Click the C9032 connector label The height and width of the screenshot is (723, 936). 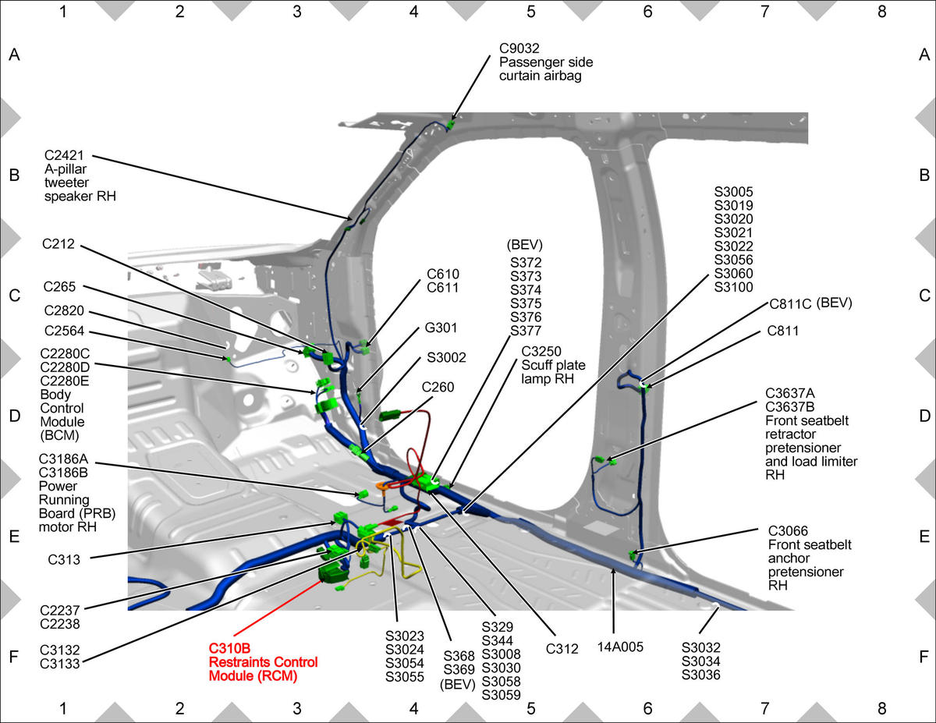pyautogui.click(x=519, y=48)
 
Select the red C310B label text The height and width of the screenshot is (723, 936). pyautogui.click(x=229, y=648)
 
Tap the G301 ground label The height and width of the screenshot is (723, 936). pyautogui.click(x=441, y=328)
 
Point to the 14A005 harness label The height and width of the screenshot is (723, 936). pyautogui.click(x=620, y=647)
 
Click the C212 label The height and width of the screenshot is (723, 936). pyautogui.click(x=58, y=243)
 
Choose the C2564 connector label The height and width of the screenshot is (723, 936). pyautogui.click(x=64, y=331)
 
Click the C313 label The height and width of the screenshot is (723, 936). pyautogui.click(x=64, y=559)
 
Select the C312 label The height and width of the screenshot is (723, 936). pyautogui.click(x=562, y=648)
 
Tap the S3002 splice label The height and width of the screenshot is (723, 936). pyautogui.click(x=446, y=357)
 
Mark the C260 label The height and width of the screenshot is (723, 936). pyautogui.click(x=438, y=387)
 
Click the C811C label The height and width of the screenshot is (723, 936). pyautogui.click(x=790, y=304)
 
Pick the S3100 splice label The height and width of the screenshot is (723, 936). pyautogui.click(x=733, y=287)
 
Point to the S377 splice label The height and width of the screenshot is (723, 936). pyautogui.click(x=526, y=330)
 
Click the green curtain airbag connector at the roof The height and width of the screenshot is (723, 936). pyautogui.click(x=451, y=125)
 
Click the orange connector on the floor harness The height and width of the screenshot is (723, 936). pyautogui.click(x=381, y=485)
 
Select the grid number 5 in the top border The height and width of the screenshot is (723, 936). pyautogui.click(x=530, y=12)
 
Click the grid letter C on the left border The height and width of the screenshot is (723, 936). pyautogui.click(x=15, y=296)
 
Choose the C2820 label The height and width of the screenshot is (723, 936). pyautogui.click(x=64, y=310)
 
